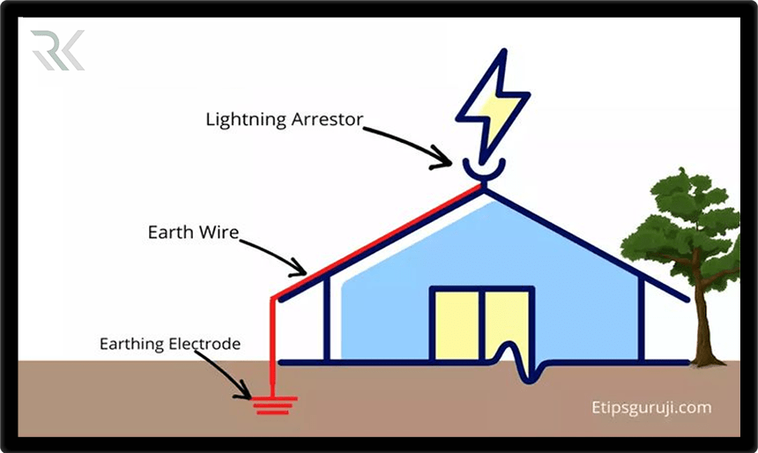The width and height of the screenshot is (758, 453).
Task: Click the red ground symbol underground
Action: [x=274, y=405]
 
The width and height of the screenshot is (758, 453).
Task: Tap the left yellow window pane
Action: [x=456, y=324]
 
